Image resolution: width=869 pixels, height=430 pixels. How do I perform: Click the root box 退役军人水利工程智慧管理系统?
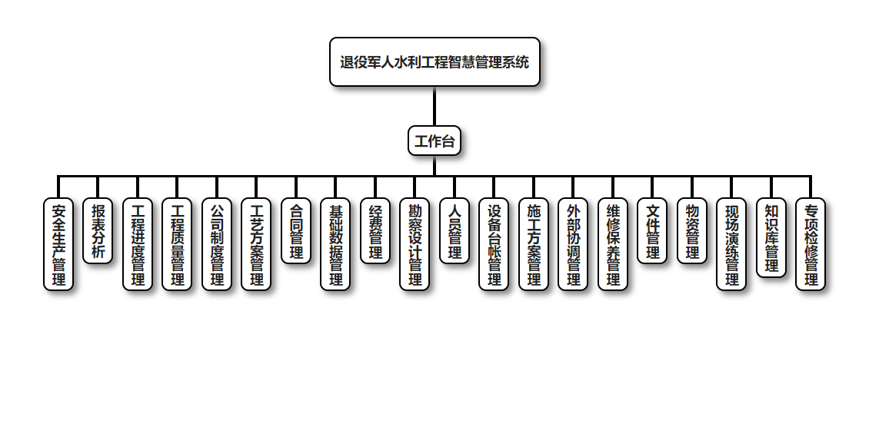point(434,62)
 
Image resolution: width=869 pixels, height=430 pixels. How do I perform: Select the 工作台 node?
point(434,141)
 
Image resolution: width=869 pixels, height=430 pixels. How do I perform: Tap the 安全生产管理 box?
point(58,244)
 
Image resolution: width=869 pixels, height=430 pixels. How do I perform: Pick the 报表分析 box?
point(98,231)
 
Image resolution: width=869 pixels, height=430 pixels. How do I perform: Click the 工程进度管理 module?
point(138,244)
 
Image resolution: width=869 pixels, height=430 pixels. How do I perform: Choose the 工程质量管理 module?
point(177,244)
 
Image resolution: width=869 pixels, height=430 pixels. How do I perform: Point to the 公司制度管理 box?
point(217,244)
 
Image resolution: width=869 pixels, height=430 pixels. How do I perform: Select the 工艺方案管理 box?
point(256,244)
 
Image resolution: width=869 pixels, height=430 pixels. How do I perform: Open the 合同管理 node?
point(296,231)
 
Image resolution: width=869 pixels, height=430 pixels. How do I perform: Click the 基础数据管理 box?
point(335,244)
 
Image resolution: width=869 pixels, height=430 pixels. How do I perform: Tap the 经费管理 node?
point(375,231)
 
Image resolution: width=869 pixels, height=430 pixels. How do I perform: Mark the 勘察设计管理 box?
point(415,244)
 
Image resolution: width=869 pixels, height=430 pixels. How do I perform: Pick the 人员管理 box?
point(454,231)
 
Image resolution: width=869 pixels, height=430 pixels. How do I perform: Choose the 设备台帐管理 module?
point(494,244)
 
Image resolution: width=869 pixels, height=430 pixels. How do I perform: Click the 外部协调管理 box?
point(573,244)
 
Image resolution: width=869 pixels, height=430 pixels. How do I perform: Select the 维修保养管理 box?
point(613,244)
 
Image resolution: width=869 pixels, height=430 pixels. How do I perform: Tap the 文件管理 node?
point(652,231)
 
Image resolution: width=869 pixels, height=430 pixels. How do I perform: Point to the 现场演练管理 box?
point(731,244)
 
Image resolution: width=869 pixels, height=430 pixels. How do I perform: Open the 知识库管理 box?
point(771,237)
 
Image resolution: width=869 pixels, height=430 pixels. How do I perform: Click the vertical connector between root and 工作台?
point(434,106)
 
